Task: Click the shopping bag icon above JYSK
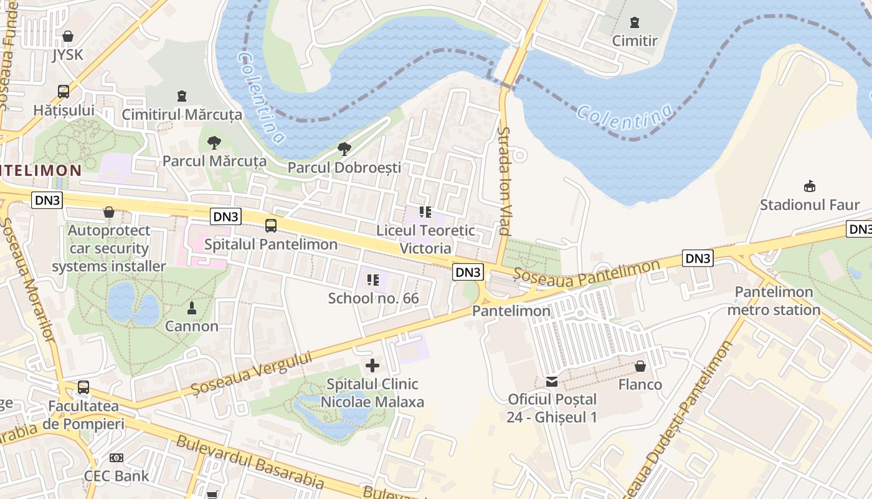[x=67, y=36]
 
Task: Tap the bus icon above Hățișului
[x=64, y=92]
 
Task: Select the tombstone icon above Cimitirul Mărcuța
[x=181, y=96]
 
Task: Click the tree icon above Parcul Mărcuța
[x=214, y=143]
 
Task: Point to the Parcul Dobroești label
[x=344, y=167]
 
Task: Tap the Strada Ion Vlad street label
[x=504, y=181]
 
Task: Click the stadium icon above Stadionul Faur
[x=809, y=186]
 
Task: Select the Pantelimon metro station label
[x=774, y=301]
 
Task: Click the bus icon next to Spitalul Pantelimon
[x=271, y=226]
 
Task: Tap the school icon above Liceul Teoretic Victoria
[x=425, y=212]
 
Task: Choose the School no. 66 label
[x=374, y=298]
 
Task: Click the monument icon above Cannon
[x=192, y=308]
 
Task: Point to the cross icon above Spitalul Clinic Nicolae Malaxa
[x=372, y=366]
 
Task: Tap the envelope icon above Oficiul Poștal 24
[x=552, y=381]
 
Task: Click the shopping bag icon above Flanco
[x=640, y=366]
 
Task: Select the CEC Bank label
[x=116, y=476]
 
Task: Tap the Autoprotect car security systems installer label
[x=109, y=248]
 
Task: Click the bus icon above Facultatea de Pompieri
[x=83, y=387]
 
